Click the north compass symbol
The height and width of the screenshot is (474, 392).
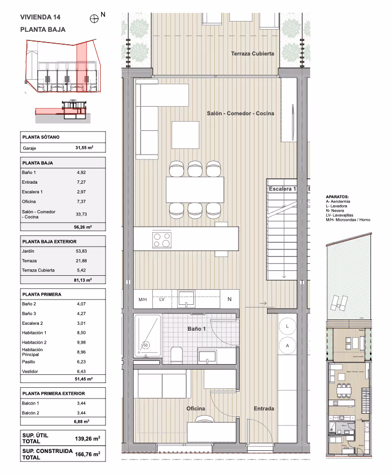[x=94, y=19]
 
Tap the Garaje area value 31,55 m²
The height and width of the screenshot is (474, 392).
[x=85, y=148]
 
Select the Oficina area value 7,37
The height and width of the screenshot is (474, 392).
[x=81, y=201]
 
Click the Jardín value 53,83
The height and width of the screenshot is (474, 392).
[x=81, y=251]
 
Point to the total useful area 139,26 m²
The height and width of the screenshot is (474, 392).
[x=88, y=438]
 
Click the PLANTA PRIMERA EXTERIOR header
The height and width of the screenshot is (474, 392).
[x=53, y=393]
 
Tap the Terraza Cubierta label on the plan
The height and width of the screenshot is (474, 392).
[x=253, y=53]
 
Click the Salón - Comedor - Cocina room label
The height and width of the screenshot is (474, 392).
[x=241, y=113]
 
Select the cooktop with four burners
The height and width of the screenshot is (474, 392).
[x=162, y=240]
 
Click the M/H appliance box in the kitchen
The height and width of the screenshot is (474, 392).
[x=143, y=299]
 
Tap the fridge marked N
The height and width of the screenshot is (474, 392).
[x=229, y=299]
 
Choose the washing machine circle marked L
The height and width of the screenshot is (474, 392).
[x=287, y=326]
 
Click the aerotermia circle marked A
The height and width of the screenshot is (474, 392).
[x=287, y=345]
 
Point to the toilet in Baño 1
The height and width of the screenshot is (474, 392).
[x=177, y=354]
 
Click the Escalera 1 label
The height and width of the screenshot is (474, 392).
[x=282, y=189]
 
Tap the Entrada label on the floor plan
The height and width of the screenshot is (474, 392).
[x=264, y=408]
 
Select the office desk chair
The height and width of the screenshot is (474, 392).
[x=205, y=419]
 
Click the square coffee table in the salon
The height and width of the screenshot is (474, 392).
[x=185, y=135]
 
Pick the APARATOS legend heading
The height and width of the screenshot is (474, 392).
[x=337, y=197]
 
